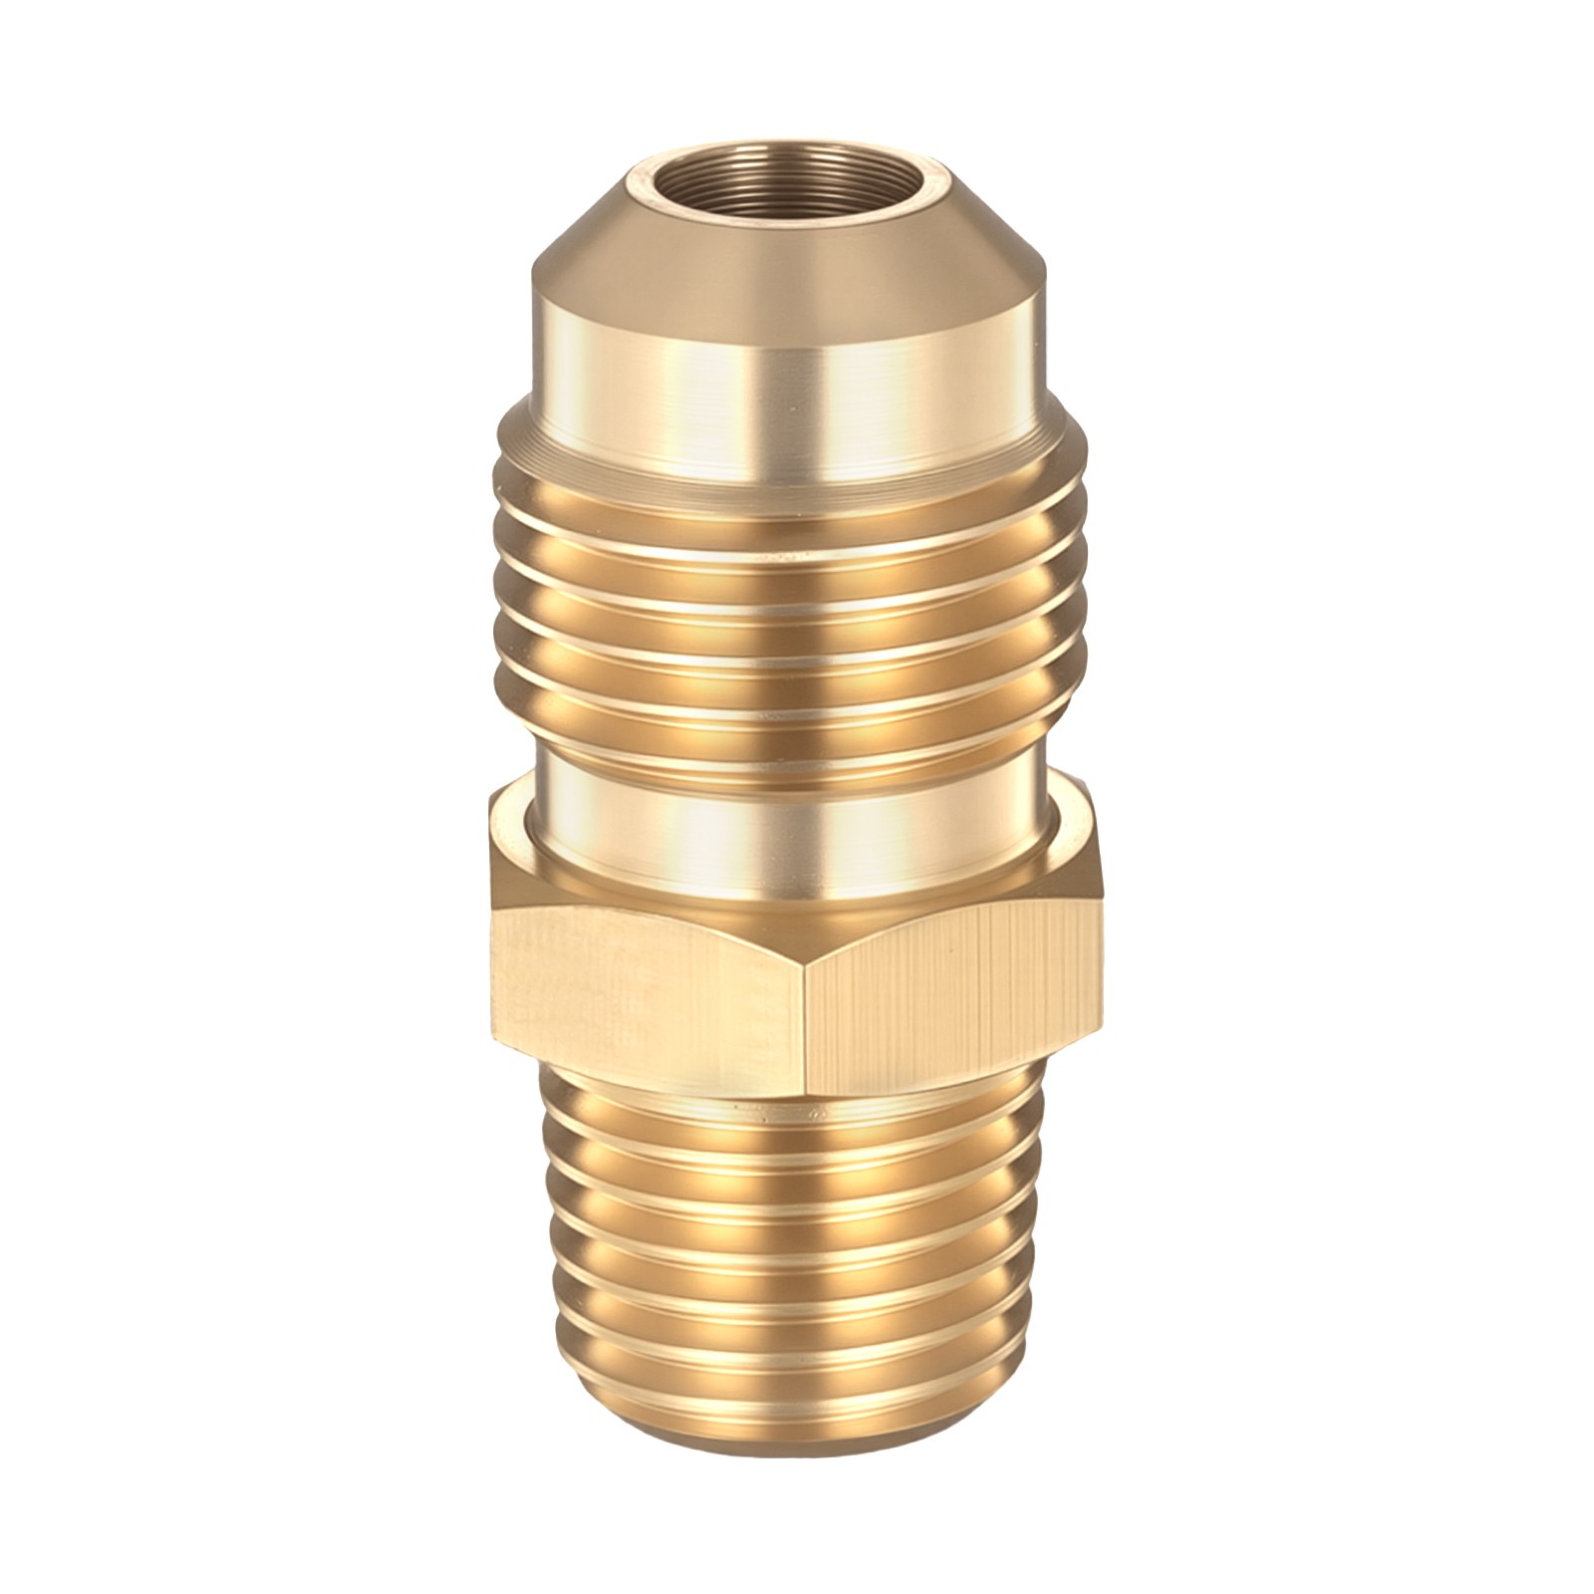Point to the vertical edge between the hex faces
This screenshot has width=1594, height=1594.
(x=810, y=996)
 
